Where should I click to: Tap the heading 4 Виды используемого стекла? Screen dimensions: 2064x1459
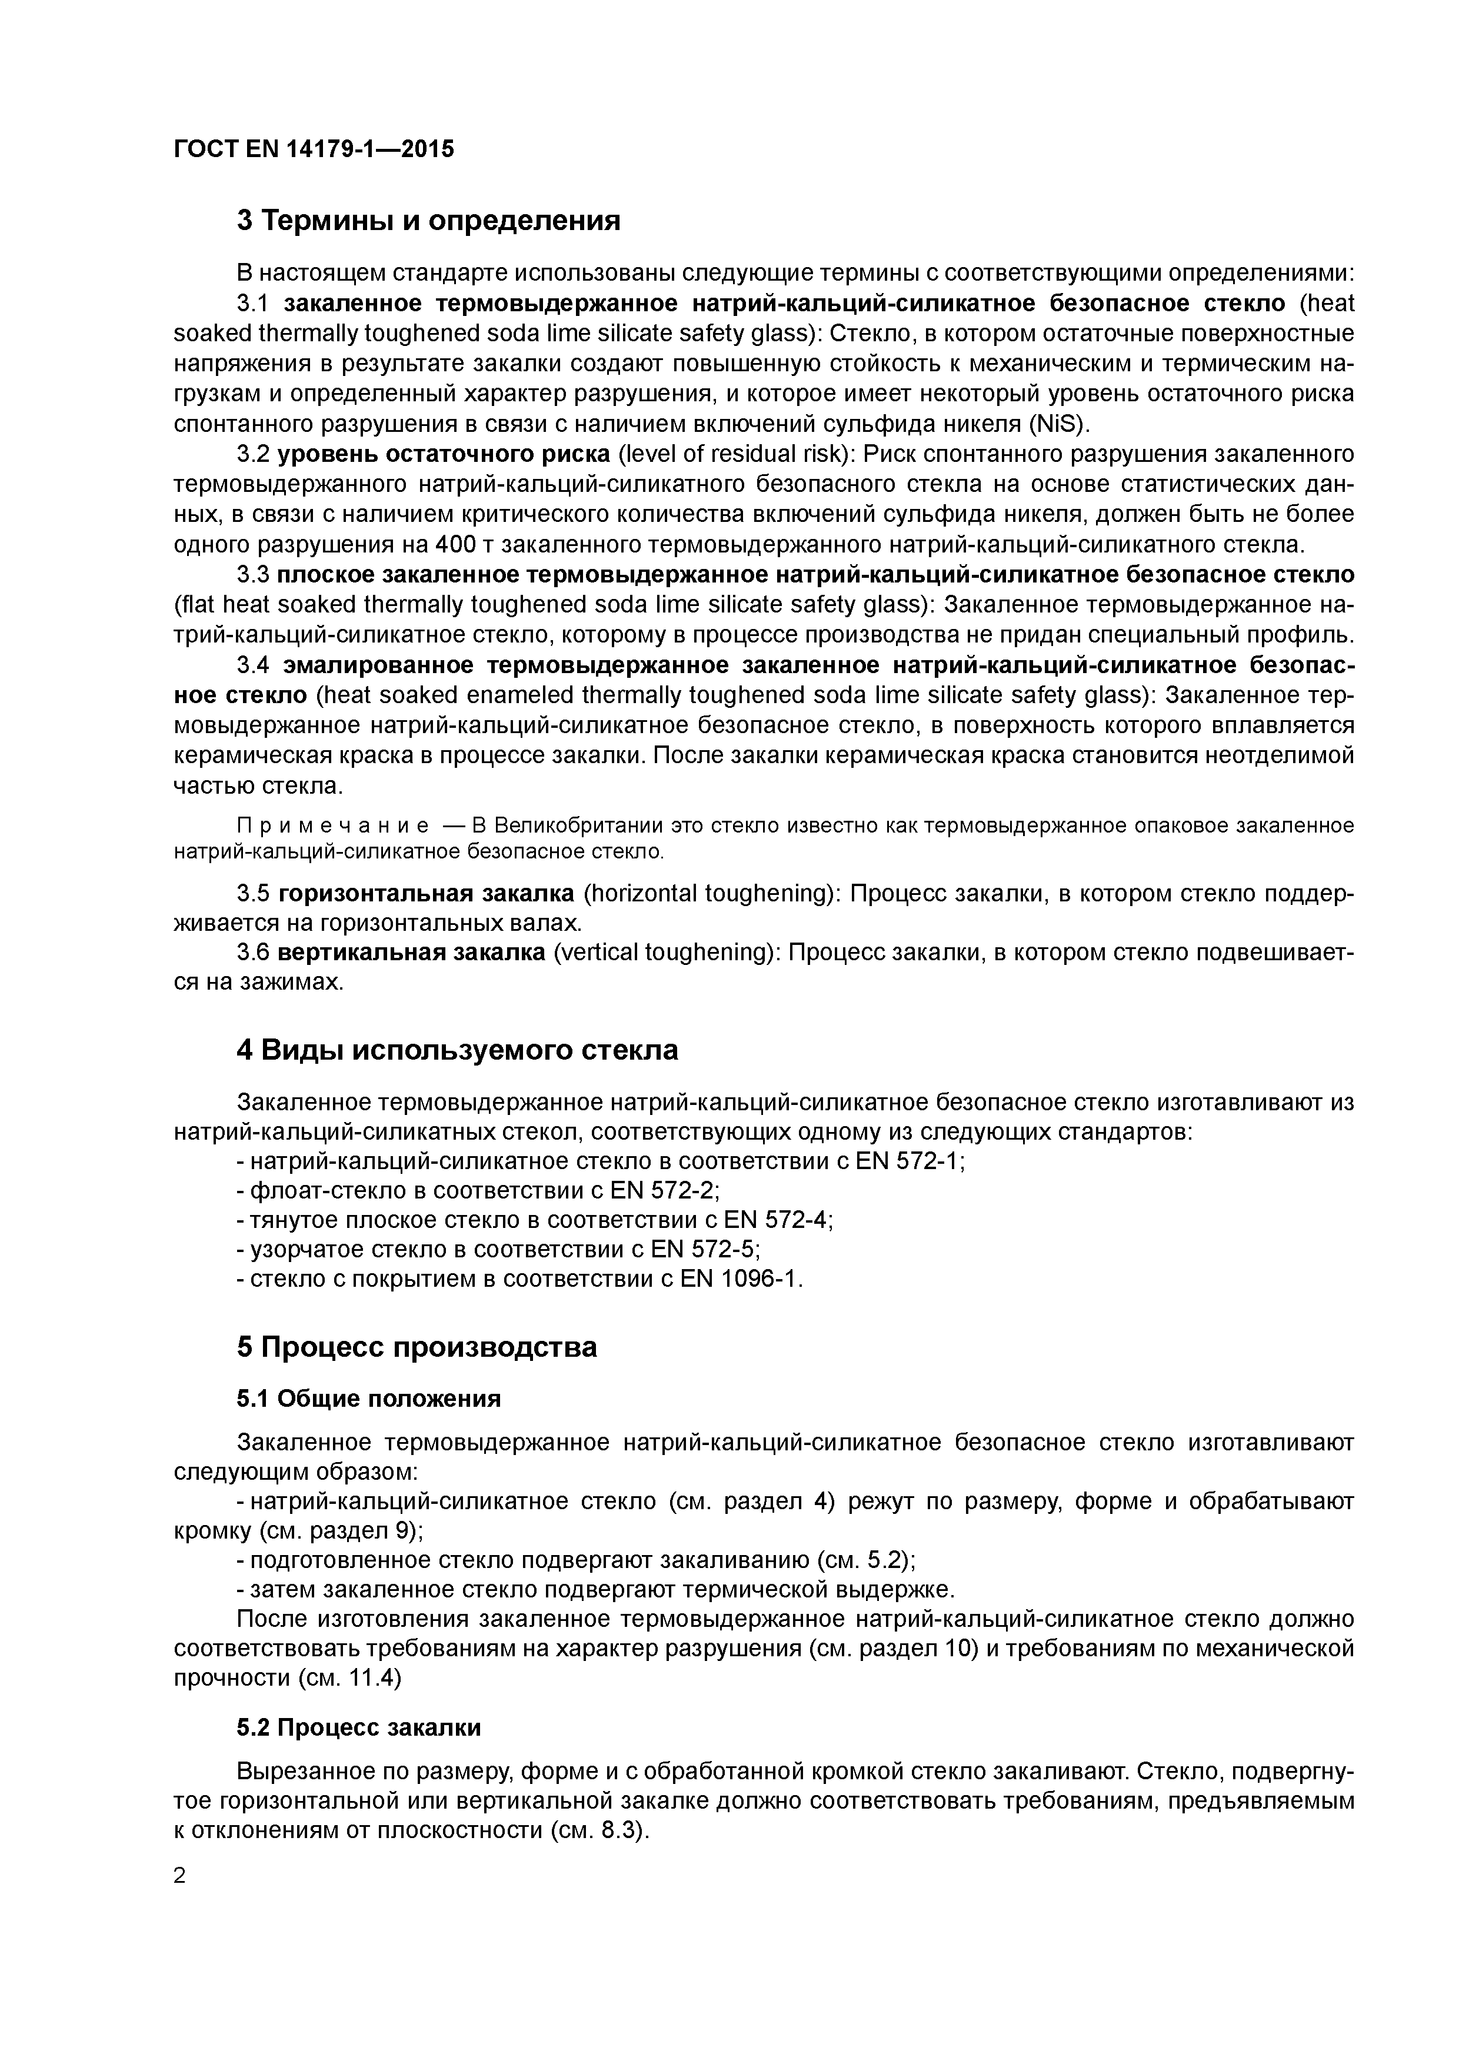coord(457,1050)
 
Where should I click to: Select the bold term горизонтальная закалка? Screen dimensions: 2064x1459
coord(426,894)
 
